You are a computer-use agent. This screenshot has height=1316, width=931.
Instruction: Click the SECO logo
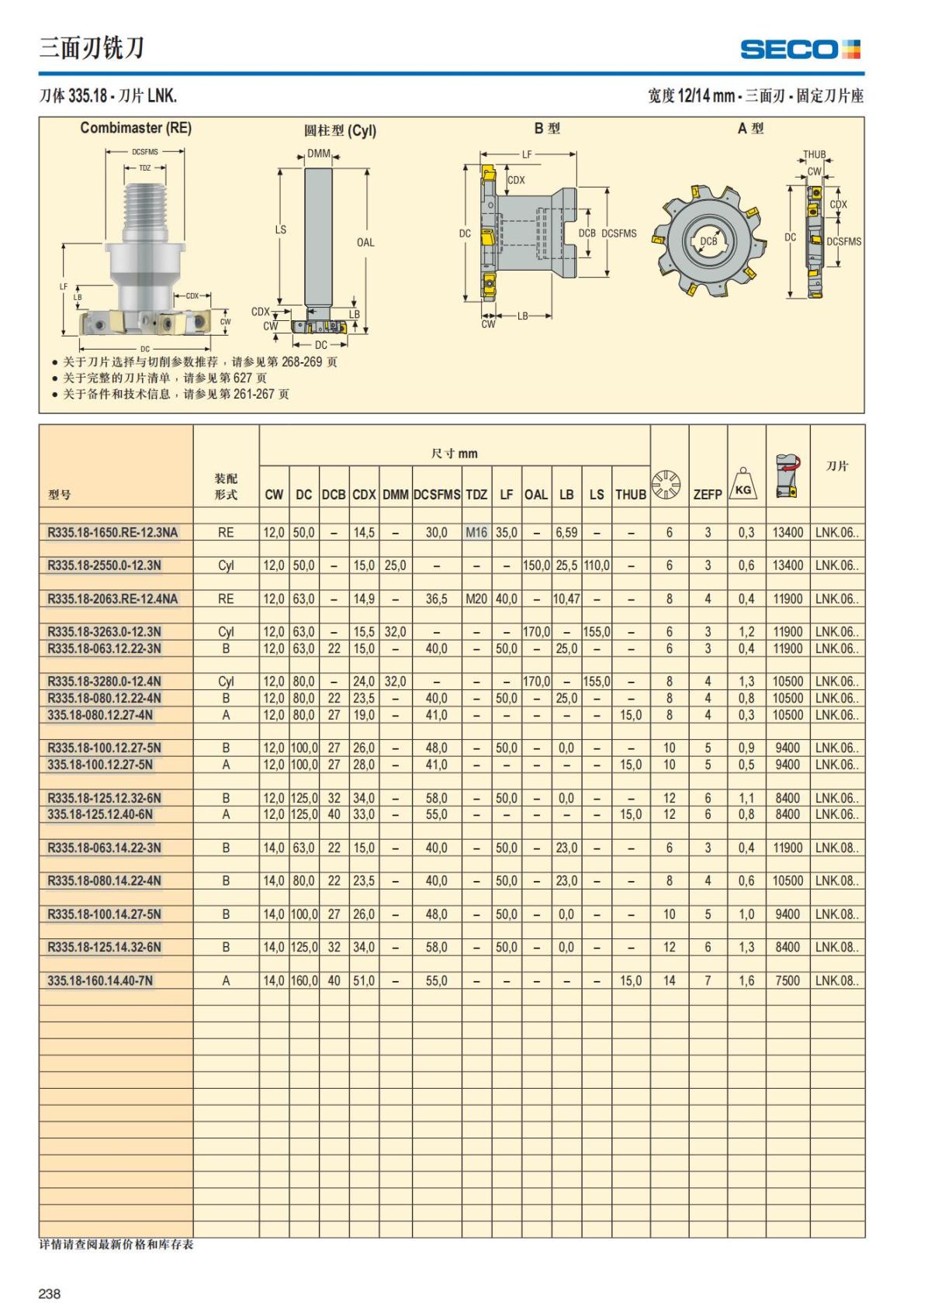pos(800,50)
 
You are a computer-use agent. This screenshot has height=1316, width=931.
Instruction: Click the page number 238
pos(50,1294)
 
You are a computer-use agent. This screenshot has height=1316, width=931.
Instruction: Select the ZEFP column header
pos(707,494)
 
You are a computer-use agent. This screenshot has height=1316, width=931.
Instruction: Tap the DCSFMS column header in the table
pos(437,494)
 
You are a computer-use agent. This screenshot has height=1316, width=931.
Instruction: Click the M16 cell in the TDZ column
pos(476,533)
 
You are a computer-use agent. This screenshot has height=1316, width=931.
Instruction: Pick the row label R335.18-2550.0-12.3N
pos(105,565)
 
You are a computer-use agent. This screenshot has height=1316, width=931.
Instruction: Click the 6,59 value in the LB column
pos(566,533)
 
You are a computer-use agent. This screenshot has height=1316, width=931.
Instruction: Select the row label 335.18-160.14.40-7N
pos(100,980)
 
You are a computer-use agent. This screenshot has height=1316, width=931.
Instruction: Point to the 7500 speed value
pos(787,980)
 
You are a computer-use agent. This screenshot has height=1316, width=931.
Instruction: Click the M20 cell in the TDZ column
pos(476,599)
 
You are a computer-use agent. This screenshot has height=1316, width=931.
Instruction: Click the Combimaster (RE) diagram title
pos(136,128)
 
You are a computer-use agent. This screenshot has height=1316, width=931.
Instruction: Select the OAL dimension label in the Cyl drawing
pos(365,242)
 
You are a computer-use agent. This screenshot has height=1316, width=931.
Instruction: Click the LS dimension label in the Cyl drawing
pos(281,230)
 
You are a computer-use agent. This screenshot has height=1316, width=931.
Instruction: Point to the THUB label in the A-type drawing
pos(814,154)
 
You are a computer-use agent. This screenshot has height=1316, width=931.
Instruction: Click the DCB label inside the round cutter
pos(708,241)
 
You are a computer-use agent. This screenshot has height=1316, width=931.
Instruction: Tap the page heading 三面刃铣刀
pos(92,48)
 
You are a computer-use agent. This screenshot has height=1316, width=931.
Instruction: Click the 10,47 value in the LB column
pos(566,599)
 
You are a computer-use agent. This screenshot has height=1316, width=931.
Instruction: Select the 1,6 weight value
pos(746,980)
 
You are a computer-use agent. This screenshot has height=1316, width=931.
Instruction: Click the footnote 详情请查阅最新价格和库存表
pos(116,1245)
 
